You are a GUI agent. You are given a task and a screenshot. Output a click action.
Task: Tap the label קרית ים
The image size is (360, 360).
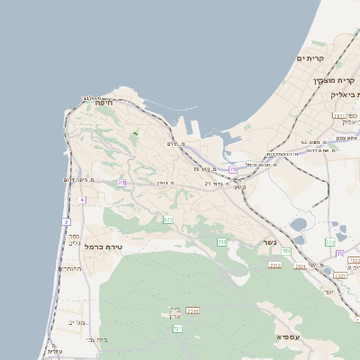(310, 58)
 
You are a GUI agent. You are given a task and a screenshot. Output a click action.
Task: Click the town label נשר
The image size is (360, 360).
(267, 242)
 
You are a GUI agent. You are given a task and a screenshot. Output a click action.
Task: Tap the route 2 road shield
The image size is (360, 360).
(66, 221)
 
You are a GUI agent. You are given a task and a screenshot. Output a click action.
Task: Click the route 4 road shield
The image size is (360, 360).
(82, 200)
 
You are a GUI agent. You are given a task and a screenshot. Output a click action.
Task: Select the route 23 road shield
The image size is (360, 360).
(121, 183)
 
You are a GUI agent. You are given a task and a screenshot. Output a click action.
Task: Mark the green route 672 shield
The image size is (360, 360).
(168, 219)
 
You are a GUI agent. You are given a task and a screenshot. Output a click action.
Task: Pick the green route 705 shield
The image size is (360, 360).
(221, 242)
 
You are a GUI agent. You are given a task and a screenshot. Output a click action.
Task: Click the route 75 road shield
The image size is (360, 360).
(233, 169)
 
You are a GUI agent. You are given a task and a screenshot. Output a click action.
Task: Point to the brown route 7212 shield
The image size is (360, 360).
(275, 265)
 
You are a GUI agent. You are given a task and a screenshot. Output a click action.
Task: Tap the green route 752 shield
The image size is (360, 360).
(286, 251)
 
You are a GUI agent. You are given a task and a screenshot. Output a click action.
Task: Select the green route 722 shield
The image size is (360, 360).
(330, 242)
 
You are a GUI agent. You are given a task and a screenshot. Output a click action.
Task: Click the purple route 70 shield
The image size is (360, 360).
(339, 254)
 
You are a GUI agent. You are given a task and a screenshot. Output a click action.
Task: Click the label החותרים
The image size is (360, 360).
(69, 268)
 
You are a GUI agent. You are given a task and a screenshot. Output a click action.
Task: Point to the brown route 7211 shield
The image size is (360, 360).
(193, 310)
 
